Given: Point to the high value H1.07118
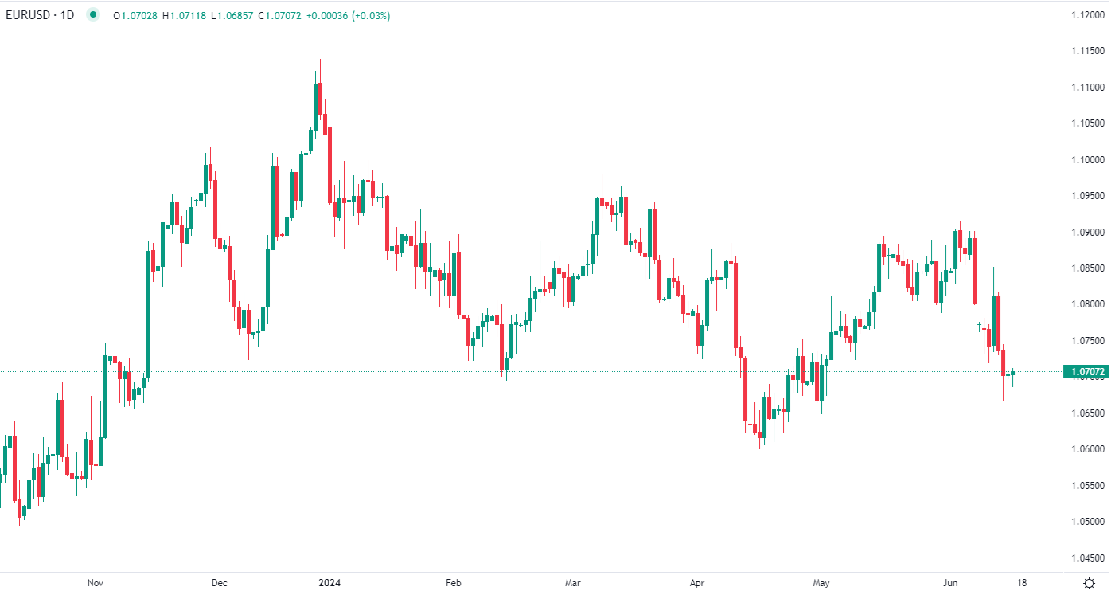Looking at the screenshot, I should pos(185,15).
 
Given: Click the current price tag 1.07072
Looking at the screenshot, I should pos(1087,371).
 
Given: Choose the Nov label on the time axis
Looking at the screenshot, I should pos(96,583).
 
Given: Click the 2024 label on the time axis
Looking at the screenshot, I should pos(328,583).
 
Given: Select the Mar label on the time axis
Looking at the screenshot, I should pos(573,583).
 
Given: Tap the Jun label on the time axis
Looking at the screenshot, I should pos(950,583).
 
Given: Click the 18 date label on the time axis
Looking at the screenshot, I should pos(1019,583).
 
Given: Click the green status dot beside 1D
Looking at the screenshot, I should pos(94,15).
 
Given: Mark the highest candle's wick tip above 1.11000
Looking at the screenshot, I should pos(320,59).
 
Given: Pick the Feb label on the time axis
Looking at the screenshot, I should pos(453,583).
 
